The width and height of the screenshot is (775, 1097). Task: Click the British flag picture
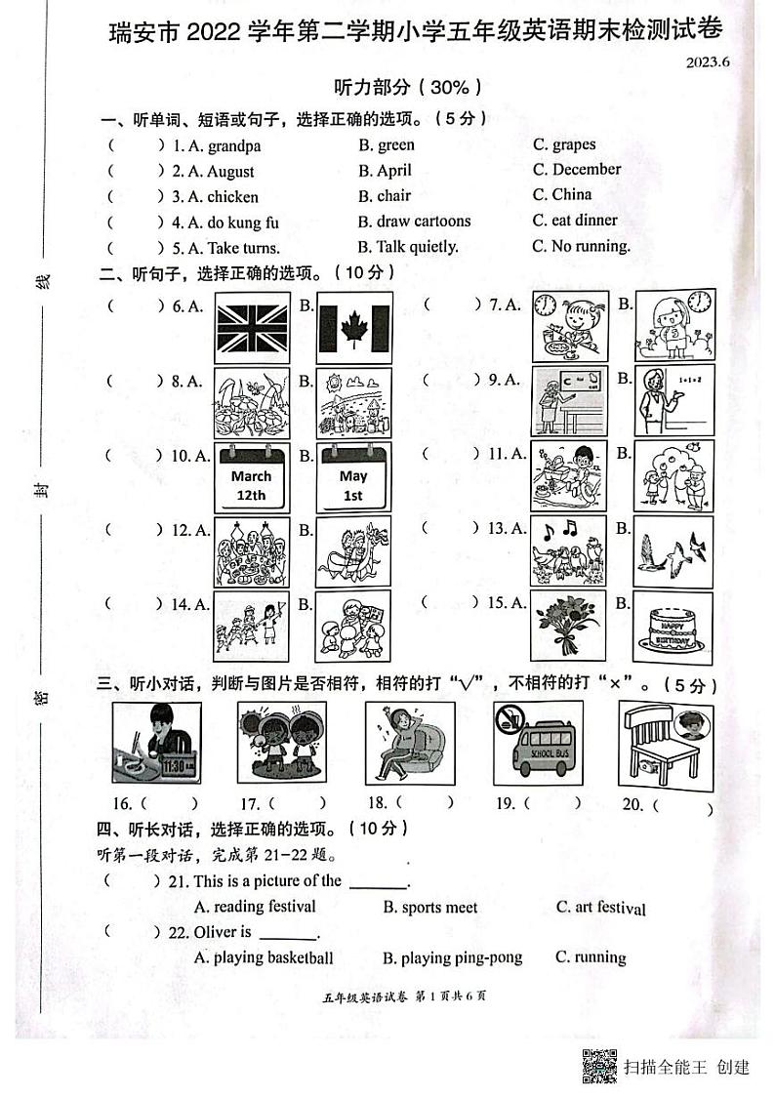pyautogui.click(x=252, y=328)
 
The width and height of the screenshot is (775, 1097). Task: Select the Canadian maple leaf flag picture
pyautogui.click(x=353, y=328)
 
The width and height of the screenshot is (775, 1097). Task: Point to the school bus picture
pyautogui.click(x=537, y=742)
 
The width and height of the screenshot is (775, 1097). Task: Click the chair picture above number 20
pyautogui.click(x=665, y=742)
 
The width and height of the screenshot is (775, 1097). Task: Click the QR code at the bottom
pyautogui.click(x=599, y=1066)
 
